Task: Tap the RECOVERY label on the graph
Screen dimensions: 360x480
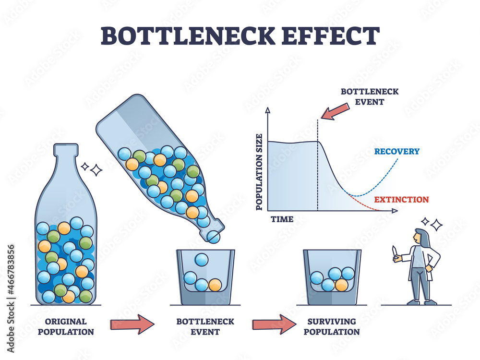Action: [396, 151]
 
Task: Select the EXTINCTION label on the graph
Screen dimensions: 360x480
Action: [402, 199]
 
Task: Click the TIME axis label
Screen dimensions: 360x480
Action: [282, 219]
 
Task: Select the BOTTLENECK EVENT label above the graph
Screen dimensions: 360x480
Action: [369, 96]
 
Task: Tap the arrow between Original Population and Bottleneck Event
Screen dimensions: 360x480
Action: [132, 324]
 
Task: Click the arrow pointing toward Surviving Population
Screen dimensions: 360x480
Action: [274, 324]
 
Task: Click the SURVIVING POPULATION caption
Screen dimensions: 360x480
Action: [332, 326]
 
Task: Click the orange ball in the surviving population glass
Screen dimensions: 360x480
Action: [341, 285]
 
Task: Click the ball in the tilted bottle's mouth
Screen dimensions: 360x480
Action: [214, 236]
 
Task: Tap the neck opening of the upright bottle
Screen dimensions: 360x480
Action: [66, 146]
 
